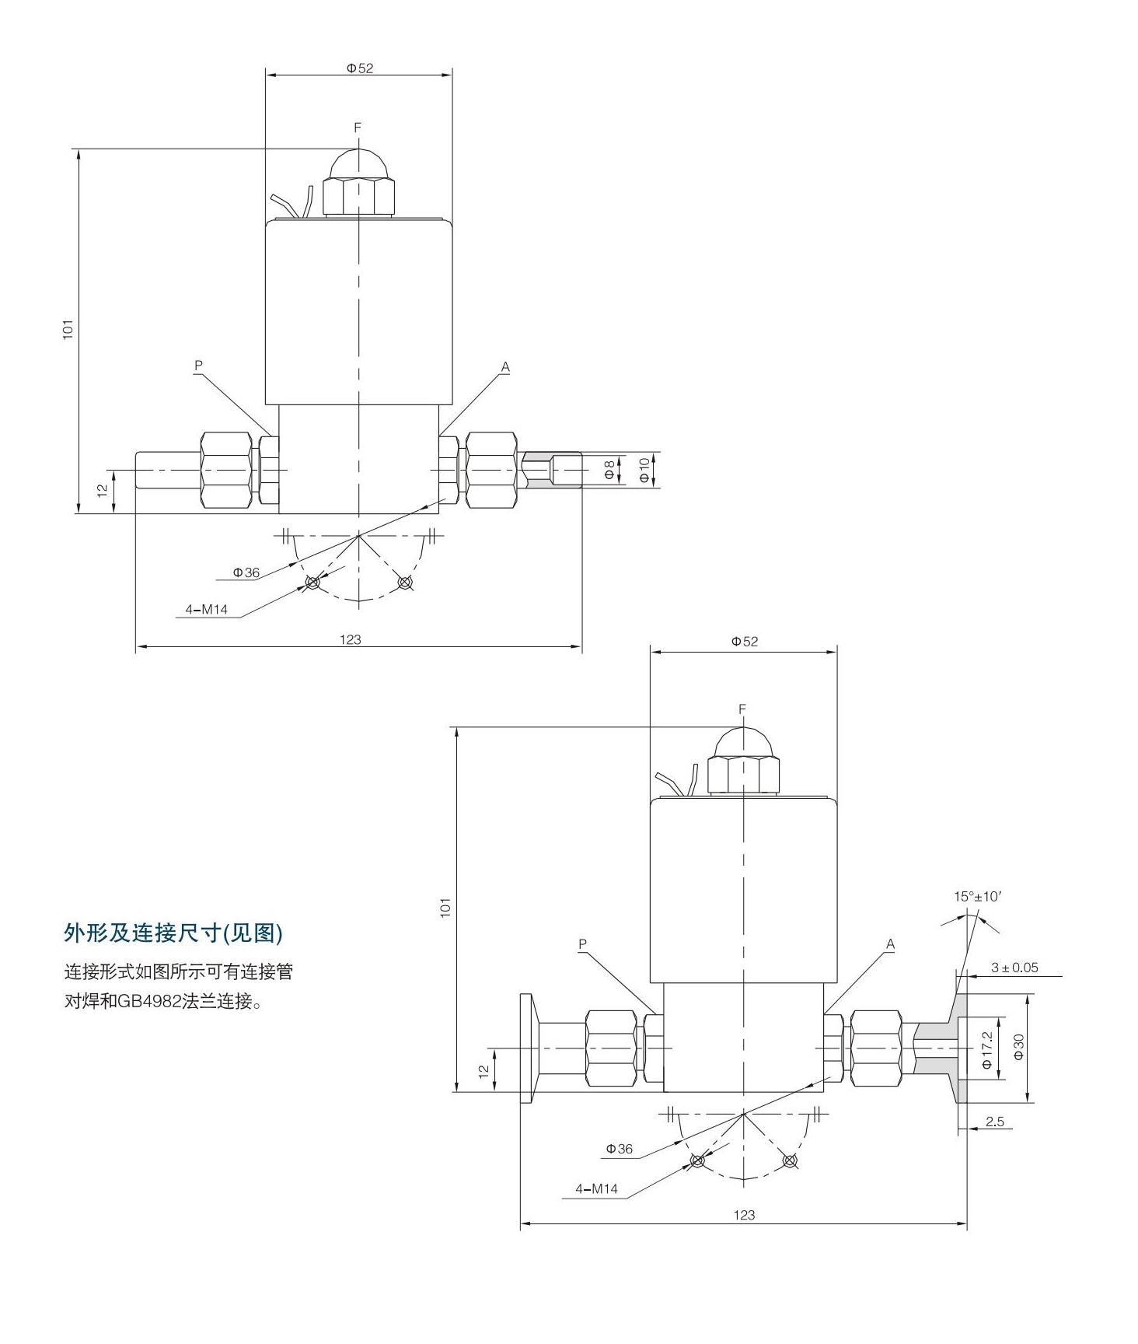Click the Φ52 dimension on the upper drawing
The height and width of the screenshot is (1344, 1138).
[360, 68]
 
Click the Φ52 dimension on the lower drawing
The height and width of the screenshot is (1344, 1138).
[744, 642]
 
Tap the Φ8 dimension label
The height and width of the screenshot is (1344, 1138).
[610, 469]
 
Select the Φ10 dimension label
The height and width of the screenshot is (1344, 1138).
[644, 470]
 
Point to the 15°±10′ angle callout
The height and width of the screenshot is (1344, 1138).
[978, 896]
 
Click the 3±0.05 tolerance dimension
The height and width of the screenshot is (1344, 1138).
[1014, 968]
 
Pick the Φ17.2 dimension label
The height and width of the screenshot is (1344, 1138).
[987, 1049]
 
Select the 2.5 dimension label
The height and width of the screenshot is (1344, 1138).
[995, 1122]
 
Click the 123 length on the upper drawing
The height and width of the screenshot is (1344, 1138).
[351, 639]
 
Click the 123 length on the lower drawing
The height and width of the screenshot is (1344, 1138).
[744, 1215]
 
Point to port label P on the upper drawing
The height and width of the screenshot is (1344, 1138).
[198, 365]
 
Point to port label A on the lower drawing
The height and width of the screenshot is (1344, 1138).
[891, 944]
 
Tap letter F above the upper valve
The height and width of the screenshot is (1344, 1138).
[358, 127]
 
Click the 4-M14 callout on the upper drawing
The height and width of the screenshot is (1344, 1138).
[207, 610]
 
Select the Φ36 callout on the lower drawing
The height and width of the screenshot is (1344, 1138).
[620, 1149]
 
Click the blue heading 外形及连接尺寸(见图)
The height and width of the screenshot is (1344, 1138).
[173, 933]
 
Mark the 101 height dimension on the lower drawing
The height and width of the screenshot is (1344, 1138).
[445, 907]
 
